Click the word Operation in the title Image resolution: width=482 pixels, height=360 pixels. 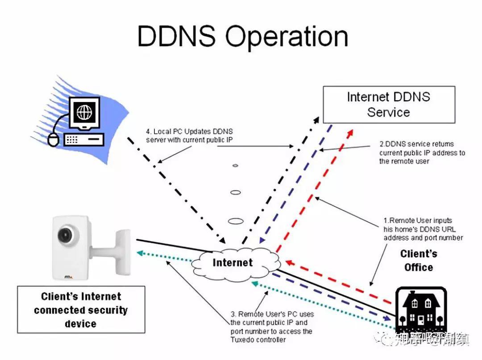tap(286, 37)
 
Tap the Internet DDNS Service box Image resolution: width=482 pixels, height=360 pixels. tap(388, 105)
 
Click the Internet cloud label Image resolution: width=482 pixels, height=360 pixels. tap(233, 263)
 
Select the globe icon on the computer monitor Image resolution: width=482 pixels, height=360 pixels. tap(85, 112)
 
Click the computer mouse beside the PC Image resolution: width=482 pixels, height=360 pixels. tap(53, 140)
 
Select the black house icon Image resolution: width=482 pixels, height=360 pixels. tap(421, 309)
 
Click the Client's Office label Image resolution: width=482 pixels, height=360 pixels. tap(419, 261)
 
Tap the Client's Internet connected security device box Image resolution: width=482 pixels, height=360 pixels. tap(81, 310)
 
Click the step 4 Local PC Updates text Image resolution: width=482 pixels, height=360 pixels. tap(189, 136)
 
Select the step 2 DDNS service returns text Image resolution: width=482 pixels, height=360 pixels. tap(422, 152)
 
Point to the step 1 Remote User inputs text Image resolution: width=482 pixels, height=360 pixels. tap(423, 229)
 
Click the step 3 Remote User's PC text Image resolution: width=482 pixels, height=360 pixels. tap(271, 326)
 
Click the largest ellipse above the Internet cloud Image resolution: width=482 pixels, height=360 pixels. tap(235, 221)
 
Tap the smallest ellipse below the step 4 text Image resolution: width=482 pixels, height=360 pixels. tap(235, 165)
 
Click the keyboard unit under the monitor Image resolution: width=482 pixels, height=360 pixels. tap(84, 140)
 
